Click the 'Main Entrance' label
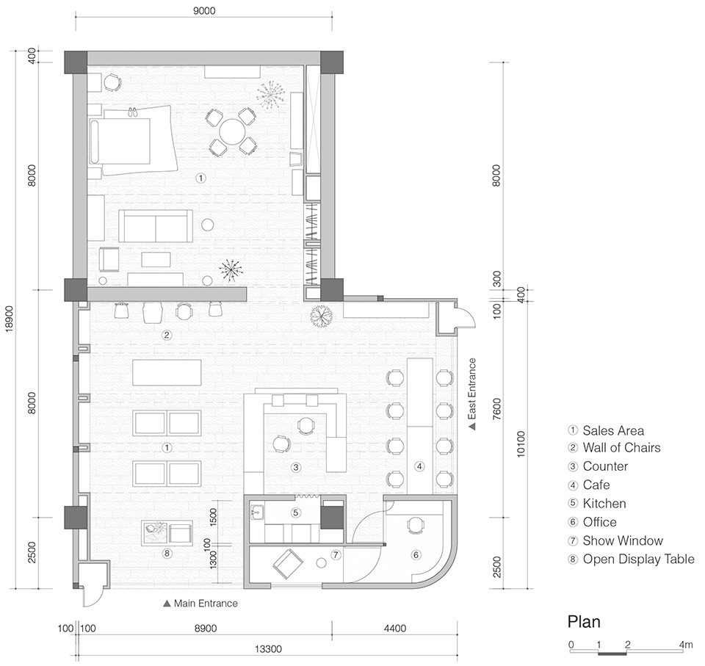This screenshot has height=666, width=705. pyautogui.click(x=206, y=604)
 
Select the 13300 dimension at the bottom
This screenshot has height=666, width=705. pyautogui.click(x=269, y=649)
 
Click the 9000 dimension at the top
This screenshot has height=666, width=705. pyautogui.click(x=204, y=10)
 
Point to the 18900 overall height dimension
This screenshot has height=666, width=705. pyautogui.click(x=10, y=319)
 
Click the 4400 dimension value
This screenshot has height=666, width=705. pyautogui.click(x=395, y=629)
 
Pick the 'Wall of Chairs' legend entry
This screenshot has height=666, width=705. pyautogui.click(x=621, y=448)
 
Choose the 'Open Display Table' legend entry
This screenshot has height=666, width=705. pyautogui.click(x=638, y=560)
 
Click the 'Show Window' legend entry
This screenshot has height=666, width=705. pyautogui.click(x=623, y=540)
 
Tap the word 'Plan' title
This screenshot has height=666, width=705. pyautogui.click(x=584, y=621)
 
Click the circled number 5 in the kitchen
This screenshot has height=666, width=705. pyautogui.click(x=295, y=513)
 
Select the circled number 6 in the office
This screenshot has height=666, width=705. pyautogui.click(x=416, y=555)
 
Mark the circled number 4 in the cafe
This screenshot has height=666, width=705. pyautogui.click(x=419, y=466)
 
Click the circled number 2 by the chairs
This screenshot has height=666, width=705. pyautogui.click(x=167, y=335)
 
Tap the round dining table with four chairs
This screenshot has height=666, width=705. pyautogui.click(x=233, y=131)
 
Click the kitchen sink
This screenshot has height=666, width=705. pyautogui.click(x=257, y=513)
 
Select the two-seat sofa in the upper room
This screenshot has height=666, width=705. pyautogui.click(x=156, y=226)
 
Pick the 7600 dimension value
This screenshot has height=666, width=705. pyautogui.click(x=496, y=408)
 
